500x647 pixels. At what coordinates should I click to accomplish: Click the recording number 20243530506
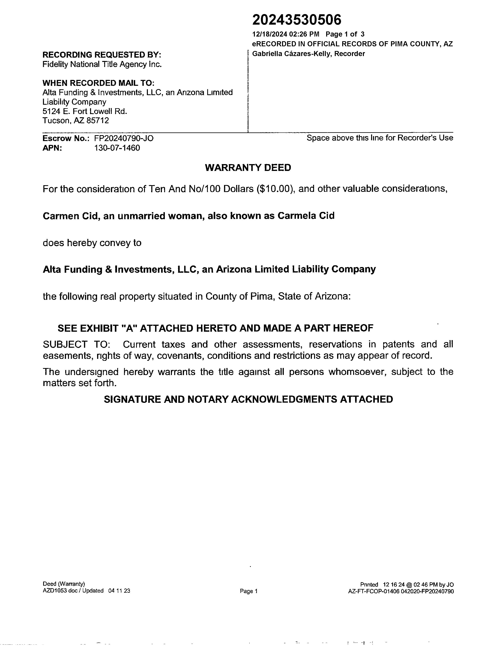296,20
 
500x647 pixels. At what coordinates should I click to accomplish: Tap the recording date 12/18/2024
270,34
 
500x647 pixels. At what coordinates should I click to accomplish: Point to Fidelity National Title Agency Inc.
102,64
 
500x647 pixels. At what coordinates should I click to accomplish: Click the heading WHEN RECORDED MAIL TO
98,83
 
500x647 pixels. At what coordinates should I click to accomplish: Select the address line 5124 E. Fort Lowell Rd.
85,111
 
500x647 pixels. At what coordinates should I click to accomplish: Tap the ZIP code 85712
97,121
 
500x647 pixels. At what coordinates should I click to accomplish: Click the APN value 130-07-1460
117,148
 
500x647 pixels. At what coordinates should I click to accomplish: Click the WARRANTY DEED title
248,168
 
